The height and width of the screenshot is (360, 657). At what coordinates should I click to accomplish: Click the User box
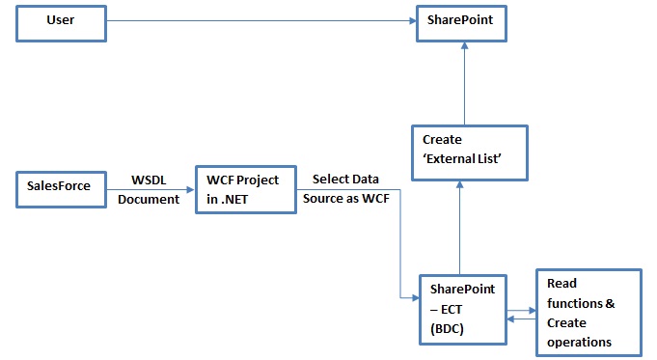coord(60,21)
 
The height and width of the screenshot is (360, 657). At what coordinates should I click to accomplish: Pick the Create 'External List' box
coord(469,152)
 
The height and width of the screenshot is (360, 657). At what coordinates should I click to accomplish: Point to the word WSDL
coord(149,180)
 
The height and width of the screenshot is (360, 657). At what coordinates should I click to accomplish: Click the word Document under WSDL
coord(150,199)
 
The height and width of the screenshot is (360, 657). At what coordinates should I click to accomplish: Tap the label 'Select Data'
coord(345,180)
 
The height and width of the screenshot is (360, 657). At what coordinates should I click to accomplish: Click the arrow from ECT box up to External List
coord(461,227)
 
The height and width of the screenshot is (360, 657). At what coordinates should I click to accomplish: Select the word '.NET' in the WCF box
coord(228,198)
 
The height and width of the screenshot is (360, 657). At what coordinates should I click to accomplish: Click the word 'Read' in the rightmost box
coord(561,284)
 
